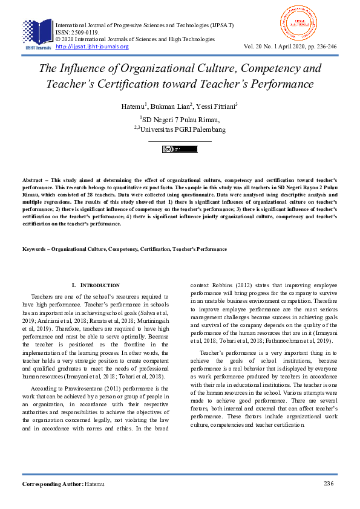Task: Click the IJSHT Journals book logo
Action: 37,33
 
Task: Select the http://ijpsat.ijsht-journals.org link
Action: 92,47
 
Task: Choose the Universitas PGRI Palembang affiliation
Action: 182,129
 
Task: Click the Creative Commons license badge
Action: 180,149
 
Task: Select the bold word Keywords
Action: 36,249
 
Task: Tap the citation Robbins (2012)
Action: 235,285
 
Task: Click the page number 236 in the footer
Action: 329,484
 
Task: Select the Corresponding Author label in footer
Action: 52,485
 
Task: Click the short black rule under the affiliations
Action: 180,141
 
